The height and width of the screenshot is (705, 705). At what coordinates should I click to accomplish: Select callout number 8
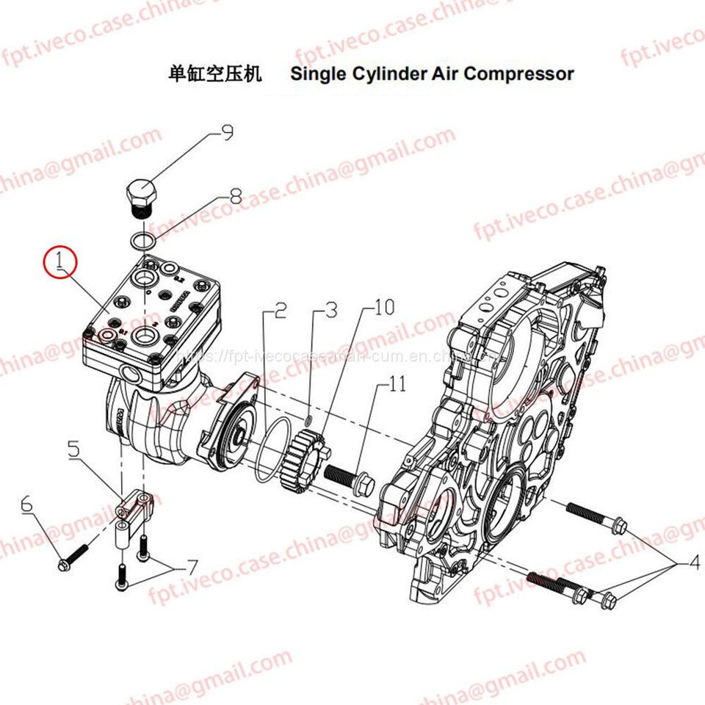(235, 197)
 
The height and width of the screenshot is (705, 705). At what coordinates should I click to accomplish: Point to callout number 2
(279, 311)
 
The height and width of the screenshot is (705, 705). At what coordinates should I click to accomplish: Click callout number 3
(331, 310)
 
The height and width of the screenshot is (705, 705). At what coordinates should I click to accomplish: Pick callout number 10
(384, 307)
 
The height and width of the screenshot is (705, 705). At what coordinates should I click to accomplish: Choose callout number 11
(397, 384)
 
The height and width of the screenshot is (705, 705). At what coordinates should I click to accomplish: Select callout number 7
(191, 568)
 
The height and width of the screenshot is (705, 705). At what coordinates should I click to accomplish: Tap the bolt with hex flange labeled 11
(351, 480)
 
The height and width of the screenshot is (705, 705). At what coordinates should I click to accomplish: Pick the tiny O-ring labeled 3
(309, 419)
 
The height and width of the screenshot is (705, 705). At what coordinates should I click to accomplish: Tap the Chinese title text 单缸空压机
(215, 73)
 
